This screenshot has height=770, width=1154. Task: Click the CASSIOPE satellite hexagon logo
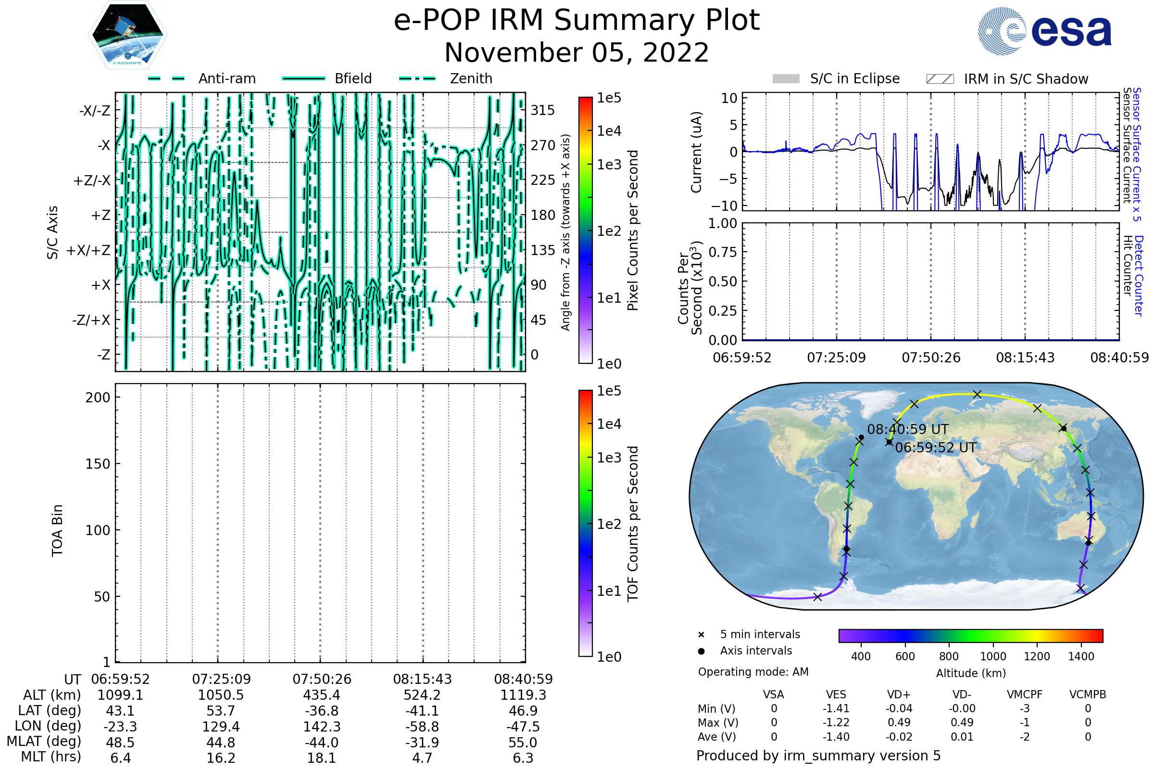pyautogui.click(x=127, y=35)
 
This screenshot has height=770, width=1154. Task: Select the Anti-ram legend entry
pyautogui.click(x=201, y=78)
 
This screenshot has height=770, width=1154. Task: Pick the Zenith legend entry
pyautogui.click(x=446, y=78)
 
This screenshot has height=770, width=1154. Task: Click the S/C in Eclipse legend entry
pyautogui.click(x=836, y=78)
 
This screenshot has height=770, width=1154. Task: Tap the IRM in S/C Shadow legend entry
pyautogui.click(x=1007, y=78)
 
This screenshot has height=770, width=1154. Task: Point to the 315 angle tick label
pyautogui.click(x=542, y=110)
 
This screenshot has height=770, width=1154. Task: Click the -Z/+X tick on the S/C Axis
pyautogui.click(x=91, y=320)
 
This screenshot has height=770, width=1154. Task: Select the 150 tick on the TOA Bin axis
pyautogui.click(x=98, y=464)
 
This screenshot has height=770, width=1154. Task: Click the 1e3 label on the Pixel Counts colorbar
pyautogui.click(x=609, y=165)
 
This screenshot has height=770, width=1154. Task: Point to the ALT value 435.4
pyautogui.click(x=322, y=695)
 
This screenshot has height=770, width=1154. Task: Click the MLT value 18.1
pyautogui.click(x=322, y=757)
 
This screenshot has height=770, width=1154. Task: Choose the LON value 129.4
pyautogui.click(x=221, y=726)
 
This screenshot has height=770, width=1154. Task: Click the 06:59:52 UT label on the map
pyautogui.click(x=936, y=448)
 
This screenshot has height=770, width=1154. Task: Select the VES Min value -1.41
pyautogui.click(x=836, y=708)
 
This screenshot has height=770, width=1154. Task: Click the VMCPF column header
pyautogui.click(x=1025, y=694)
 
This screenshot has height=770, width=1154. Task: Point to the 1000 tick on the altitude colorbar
pyautogui.click(x=993, y=656)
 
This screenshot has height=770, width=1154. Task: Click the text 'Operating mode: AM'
pyautogui.click(x=753, y=672)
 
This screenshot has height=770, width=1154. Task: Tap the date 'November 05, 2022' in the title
pyautogui.click(x=577, y=52)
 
